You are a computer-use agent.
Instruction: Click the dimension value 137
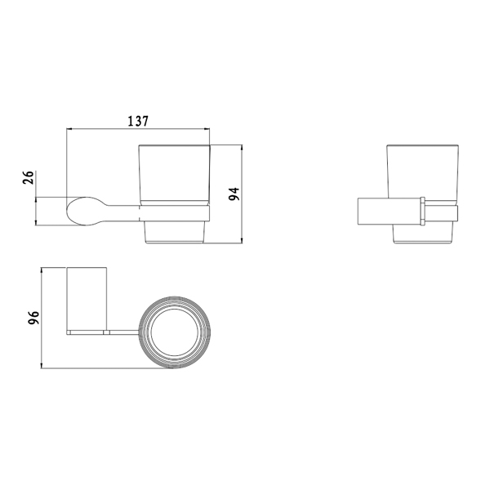click(138, 121)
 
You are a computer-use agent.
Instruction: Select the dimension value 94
click(234, 194)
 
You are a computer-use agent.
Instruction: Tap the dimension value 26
click(28, 177)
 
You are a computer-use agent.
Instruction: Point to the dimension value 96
click(33, 318)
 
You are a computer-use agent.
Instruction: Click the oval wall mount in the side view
click(82, 211)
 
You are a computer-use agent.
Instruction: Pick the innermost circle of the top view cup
click(175, 332)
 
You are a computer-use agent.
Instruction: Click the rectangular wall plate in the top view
click(87, 299)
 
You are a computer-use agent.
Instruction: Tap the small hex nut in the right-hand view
click(422, 211)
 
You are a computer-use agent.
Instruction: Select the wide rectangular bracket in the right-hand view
click(389, 211)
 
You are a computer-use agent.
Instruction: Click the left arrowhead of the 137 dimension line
click(69, 128)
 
